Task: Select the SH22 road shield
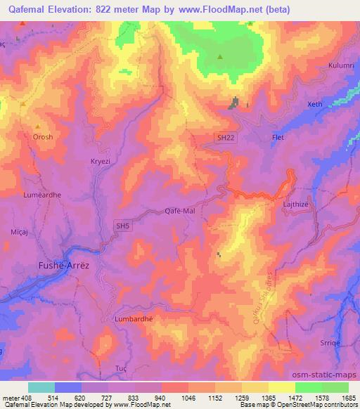point(224,139)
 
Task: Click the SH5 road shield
point(123,226)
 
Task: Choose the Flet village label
point(278,137)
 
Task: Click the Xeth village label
point(314,104)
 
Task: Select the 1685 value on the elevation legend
point(349,397)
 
